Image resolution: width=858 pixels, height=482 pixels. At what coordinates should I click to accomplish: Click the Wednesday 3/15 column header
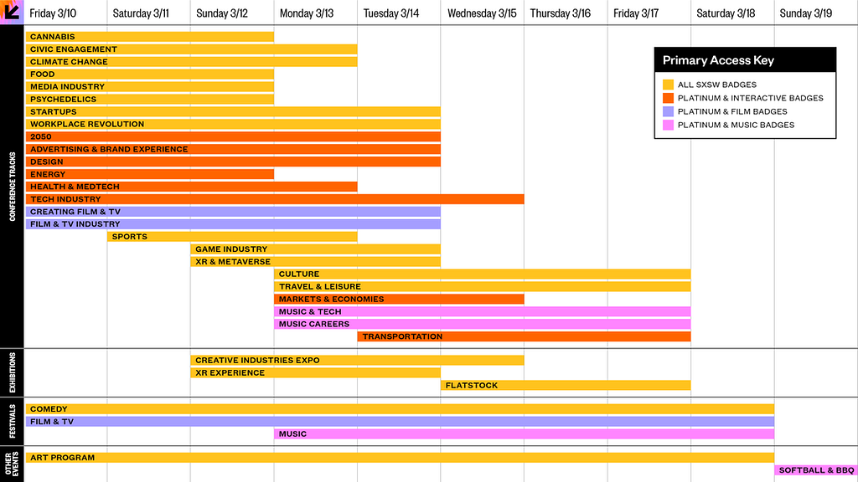[x=482, y=13]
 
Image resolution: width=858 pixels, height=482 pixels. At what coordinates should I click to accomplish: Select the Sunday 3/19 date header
[x=805, y=13]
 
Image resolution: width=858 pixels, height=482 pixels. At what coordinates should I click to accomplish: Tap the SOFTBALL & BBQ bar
[x=816, y=470]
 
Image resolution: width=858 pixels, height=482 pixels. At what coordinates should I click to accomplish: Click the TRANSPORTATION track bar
[x=524, y=336]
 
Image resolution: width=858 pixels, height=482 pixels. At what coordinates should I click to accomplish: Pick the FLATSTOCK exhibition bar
[x=566, y=385]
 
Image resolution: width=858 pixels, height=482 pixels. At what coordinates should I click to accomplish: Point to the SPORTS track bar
[x=232, y=237]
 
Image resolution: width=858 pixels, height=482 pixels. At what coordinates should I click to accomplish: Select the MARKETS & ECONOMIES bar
[x=399, y=299]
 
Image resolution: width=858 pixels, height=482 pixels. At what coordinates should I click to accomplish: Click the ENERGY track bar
[x=149, y=174]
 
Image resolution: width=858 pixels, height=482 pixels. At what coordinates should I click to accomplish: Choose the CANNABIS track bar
[x=149, y=37]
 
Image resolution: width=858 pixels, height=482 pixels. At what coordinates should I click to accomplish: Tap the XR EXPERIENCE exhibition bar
[x=315, y=372]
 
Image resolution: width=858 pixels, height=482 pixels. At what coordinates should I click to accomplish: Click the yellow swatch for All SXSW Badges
[x=668, y=85]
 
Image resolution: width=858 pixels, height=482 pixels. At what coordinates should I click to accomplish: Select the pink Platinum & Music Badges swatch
[x=668, y=126]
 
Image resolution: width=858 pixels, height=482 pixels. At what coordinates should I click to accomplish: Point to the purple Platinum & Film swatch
[x=668, y=111]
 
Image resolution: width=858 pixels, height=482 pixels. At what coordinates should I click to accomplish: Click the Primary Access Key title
[x=718, y=60]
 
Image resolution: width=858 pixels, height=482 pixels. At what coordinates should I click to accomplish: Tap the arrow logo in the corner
[x=12, y=12]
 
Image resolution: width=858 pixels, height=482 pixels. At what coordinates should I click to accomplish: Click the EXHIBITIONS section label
[x=12, y=372]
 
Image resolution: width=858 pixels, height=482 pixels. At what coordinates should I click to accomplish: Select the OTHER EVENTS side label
[x=12, y=464]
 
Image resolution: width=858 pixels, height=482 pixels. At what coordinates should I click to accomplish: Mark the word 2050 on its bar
[x=41, y=136]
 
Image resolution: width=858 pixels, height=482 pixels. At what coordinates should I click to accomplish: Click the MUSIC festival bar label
[x=292, y=434]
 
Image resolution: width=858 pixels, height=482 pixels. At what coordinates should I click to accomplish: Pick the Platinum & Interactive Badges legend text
[x=750, y=99]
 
